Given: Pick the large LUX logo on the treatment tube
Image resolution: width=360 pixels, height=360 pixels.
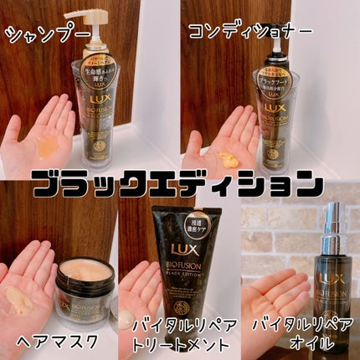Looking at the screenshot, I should [x=173, y=252].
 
